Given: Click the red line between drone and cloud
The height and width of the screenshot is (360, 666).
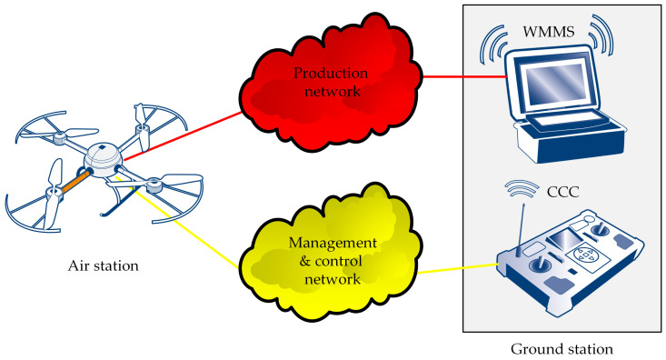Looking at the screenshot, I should click(x=182, y=136).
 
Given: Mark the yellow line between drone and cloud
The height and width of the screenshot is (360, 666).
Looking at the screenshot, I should click(x=191, y=228).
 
